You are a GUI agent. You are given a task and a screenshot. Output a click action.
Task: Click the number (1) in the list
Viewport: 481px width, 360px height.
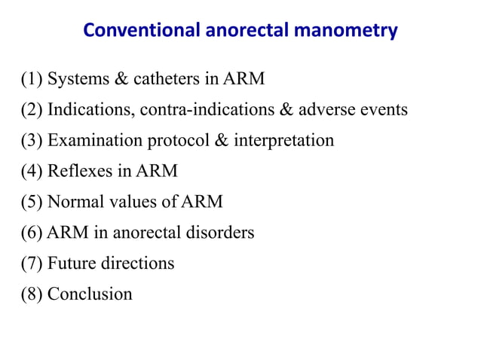(32, 79)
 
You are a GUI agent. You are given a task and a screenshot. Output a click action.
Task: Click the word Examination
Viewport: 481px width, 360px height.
(90, 141)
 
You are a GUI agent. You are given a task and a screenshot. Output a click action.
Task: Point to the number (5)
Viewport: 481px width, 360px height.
(32, 202)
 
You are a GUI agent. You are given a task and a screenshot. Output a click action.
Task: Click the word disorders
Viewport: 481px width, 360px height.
(220, 233)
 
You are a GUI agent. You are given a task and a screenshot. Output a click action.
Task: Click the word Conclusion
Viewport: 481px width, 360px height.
(90, 294)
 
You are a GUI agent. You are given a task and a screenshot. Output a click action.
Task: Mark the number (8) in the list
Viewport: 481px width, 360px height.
(32, 294)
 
